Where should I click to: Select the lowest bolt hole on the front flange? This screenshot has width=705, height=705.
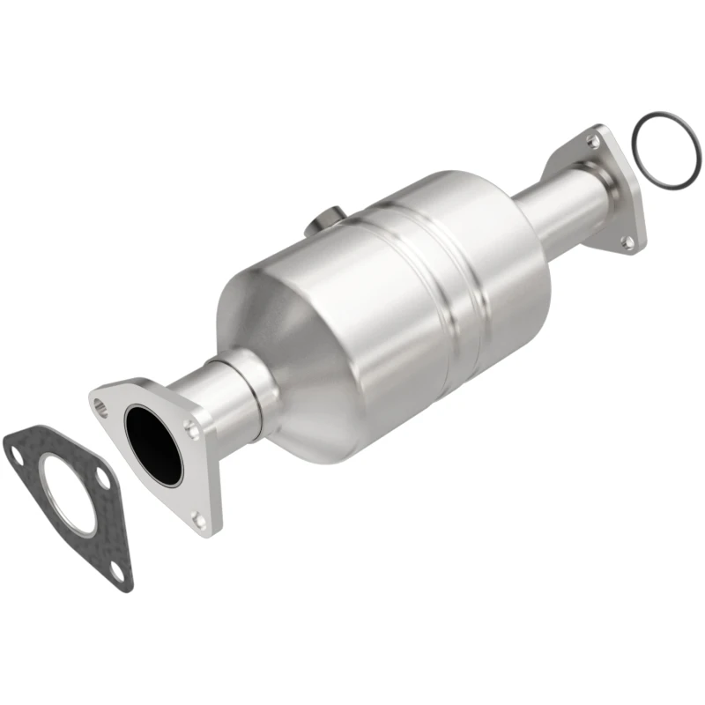coord(200,520)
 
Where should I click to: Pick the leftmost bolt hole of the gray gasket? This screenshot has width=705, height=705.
coord(17,456)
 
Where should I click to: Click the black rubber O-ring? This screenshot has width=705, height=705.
coord(663,150)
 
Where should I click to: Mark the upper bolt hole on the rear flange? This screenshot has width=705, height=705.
coord(595,142)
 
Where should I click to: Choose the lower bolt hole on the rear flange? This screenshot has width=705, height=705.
coord(627,241)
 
